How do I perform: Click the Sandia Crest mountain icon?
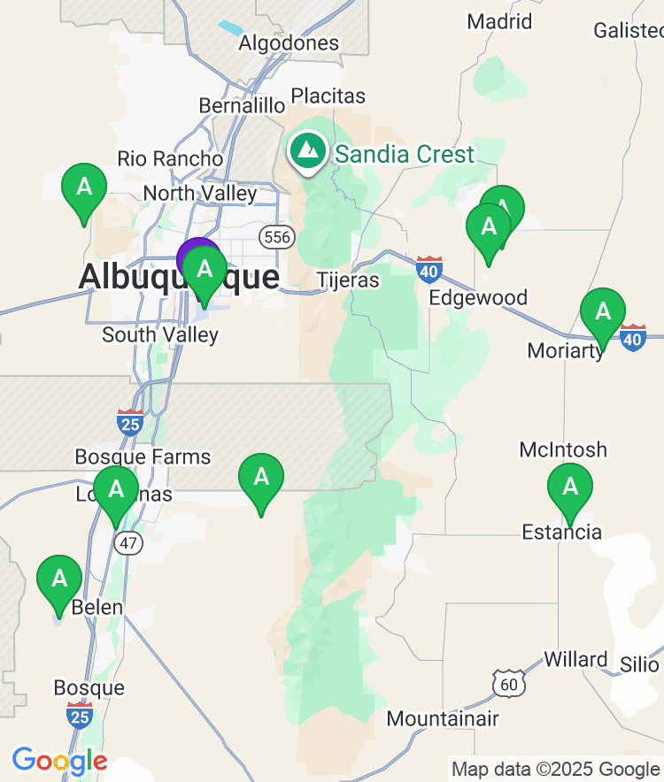[x=308, y=150]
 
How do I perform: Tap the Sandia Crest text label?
[x=405, y=155]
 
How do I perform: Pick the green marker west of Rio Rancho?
[x=84, y=188]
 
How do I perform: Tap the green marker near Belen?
[x=59, y=579]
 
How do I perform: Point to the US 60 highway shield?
[x=508, y=682]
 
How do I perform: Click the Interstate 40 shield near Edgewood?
[x=429, y=269]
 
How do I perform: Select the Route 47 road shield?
[x=129, y=542]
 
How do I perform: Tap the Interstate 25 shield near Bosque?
[x=80, y=715]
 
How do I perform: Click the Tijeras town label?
[x=348, y=280]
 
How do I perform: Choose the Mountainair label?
[x=443, y=718]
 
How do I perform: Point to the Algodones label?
[x=289, y=42]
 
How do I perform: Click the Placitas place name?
[x=328, y=95]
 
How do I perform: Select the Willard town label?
[x=575, y=660]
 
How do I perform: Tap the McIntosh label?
[x=563, y=449]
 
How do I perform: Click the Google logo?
[x=59, y=761]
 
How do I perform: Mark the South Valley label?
[x=159, y=334]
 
